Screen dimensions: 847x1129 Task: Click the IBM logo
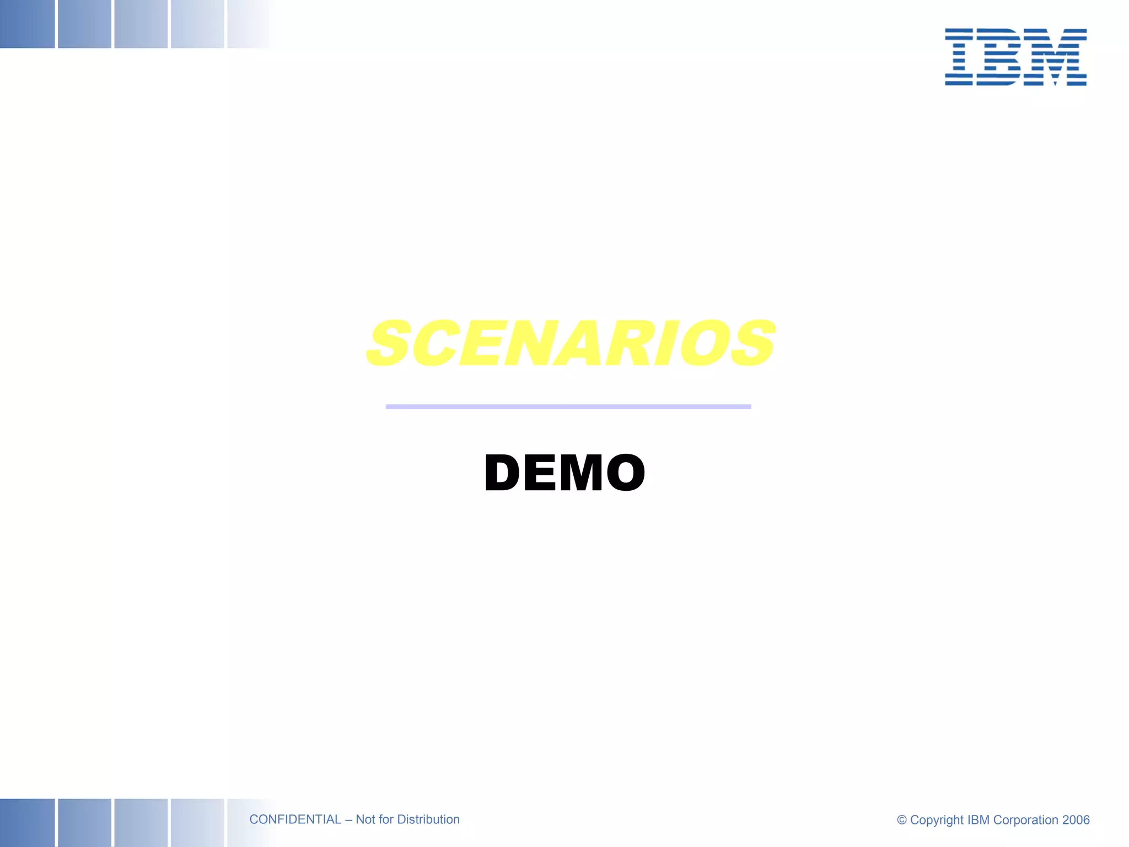point(1015,57)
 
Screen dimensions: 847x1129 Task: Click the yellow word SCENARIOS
point(571,343)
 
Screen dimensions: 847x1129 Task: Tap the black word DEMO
point(564,473)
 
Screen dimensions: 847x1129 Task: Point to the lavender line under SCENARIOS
point(568,406)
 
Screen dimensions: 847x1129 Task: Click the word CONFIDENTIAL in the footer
point(295,819)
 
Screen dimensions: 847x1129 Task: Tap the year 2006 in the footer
point(1076,820)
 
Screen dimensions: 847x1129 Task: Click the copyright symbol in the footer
point(902,820)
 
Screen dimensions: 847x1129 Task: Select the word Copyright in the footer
point(937,820)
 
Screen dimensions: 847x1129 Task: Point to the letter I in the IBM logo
point(959,57)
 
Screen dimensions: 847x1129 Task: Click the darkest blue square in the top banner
point(27,24)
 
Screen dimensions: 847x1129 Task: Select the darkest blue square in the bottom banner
point(27,822)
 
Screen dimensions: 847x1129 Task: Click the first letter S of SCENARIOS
point(389,343)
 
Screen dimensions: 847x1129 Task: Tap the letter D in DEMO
point(502,473)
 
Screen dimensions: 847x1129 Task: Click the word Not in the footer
point(365,819)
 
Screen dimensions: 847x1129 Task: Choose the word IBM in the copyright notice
point(979,820)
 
